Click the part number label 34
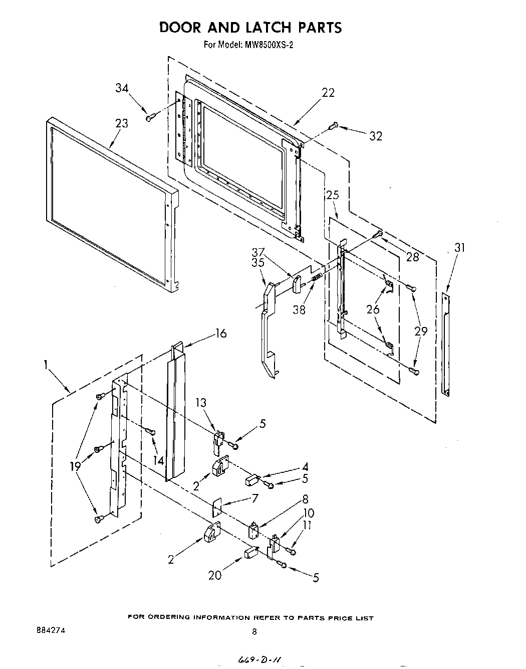(122, 88)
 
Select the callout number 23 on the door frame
(121, 123)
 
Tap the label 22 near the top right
(328, 93)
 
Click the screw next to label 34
(149, 117)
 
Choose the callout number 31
(460, 247)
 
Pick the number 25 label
(333, 195)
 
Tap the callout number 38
(299, 310)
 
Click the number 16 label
(220, 333)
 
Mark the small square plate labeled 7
(217, 508)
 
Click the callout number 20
(214, 575)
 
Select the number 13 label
(201, 403)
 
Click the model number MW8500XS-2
(269, 45)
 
